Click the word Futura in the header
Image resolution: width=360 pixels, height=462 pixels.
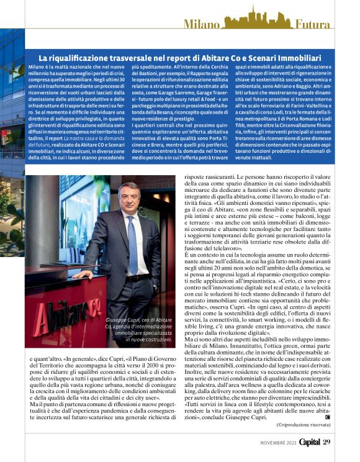click(313, 24)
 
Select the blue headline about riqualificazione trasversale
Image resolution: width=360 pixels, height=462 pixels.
click(186, 57)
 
